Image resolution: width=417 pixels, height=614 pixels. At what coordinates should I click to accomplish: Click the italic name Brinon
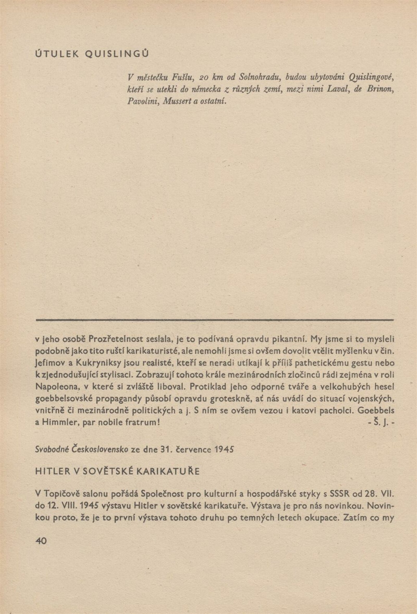(380, 89)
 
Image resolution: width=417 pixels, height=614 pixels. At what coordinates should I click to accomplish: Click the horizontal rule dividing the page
(214, 321)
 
